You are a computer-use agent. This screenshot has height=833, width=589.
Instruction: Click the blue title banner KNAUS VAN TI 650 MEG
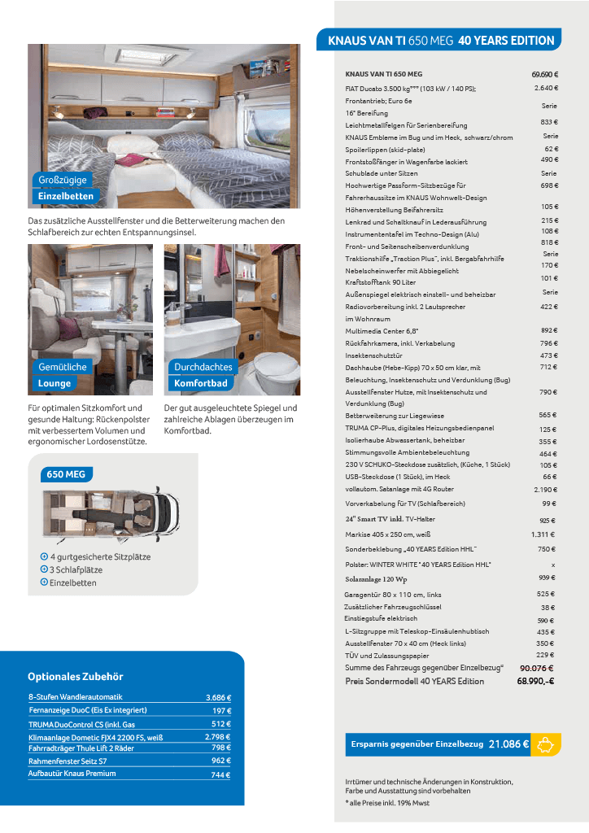pyautogui.click(x=441, y=40)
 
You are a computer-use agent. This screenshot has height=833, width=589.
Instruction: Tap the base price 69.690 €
pyautogui.click(x=544, y=74)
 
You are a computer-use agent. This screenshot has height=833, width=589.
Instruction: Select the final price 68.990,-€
pyautogui.click(x=535, y=681)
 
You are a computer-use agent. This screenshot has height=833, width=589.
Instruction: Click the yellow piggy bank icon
pyautogui.click(x=546, y=744)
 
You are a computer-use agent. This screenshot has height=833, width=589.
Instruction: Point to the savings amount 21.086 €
pyautogui.click(x=508, y=744)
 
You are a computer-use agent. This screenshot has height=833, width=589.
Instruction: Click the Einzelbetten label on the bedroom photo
pyautogui.click(x=66, y=196)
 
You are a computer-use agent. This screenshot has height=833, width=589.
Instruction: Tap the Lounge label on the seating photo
pyautogui.click(x=55, y=383)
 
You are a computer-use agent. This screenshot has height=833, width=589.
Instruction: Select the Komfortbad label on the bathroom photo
pyautogui.click(x=200, y=383)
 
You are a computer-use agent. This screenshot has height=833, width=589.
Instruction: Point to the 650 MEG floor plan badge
pyautogui.click(x=67, y=474)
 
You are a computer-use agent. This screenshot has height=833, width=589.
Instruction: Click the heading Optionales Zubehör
pyautogui.click(x=75, y=676)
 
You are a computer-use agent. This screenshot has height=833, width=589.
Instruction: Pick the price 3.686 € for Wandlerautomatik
pyautogui.click(x=218, y=697)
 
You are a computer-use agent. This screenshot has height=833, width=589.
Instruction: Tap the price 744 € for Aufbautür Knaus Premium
pyautogui.click(x=221, y=774)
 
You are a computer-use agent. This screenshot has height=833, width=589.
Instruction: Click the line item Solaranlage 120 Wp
pyautogui.click(x=377, y=578)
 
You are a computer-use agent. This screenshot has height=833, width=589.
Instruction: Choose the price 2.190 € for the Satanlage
pyautogui.click(x=544, y=490)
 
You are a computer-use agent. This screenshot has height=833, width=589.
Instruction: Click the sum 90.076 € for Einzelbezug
pyautogui.click(x=537, y=668)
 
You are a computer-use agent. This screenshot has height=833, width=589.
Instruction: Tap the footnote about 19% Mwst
pyautogui.click(x=387, y=803)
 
